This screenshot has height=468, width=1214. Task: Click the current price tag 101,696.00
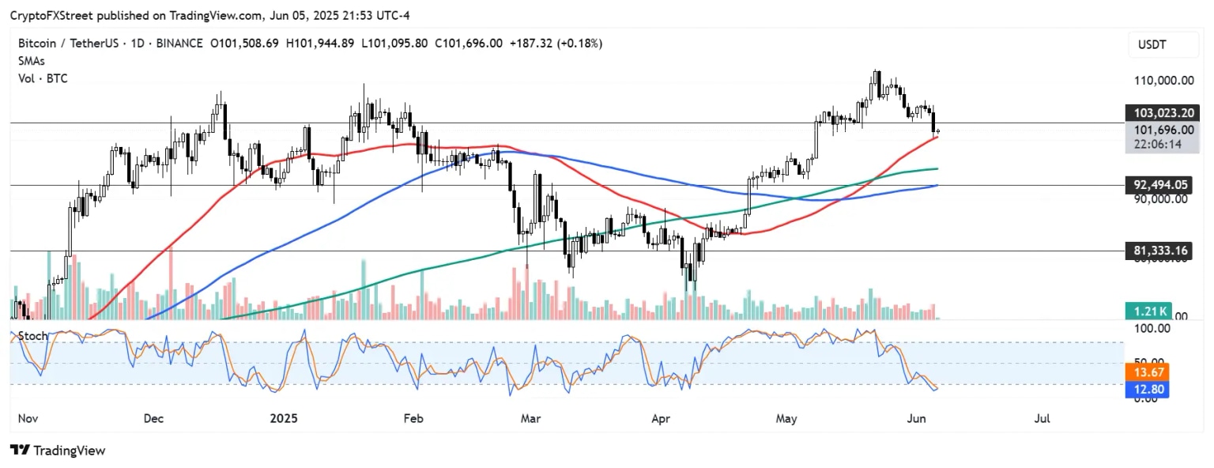pyautogui.click(x=1158, y=130)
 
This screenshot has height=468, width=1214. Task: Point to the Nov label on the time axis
pyautogui.click(x=28, y=418)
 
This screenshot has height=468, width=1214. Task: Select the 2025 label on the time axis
pyautogui.click(x=283, y=418)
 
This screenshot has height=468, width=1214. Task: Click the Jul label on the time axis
pyautogui.click(x=1042, y=418)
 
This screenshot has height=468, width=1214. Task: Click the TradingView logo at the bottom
pyautogui.click(x=57, y=451)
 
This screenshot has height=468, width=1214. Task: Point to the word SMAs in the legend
pyautogui.click(x=32, y=61)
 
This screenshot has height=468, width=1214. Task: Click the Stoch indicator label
pyautogui.click(x=32, y=336)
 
